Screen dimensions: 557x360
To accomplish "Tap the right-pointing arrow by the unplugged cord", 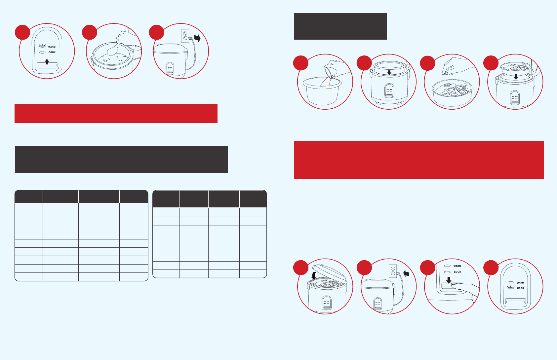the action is (197, 38).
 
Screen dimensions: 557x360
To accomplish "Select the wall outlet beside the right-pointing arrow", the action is (185, 36).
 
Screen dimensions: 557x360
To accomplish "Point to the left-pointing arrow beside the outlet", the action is (406, 273).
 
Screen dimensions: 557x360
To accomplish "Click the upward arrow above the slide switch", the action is (47, 62).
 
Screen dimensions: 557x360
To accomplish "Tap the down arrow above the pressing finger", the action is (449, 280).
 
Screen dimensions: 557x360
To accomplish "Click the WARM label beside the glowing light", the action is (52, 47).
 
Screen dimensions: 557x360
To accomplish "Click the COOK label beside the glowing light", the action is (520, 288).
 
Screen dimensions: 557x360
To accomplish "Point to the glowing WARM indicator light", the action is (43, 46).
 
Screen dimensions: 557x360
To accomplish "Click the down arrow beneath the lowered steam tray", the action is (516, 77).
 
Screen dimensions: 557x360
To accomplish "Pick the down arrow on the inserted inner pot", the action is (389, 72).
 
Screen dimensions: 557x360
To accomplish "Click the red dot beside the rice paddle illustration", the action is (90, 32).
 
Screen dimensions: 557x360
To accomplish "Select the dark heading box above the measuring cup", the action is (340, 26).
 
